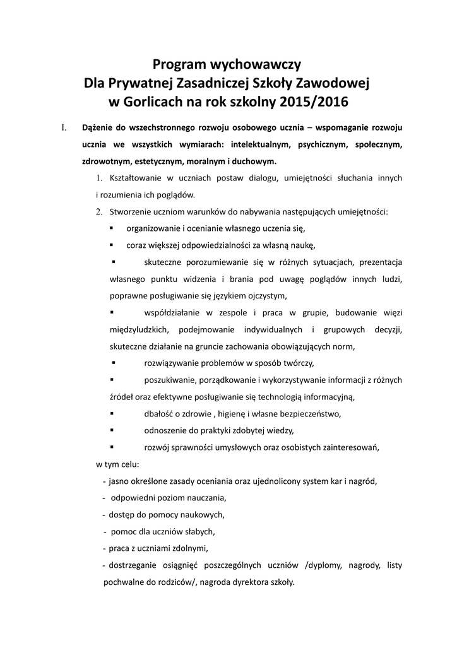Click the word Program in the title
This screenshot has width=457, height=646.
click(183, 64)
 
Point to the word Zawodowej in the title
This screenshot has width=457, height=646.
click(333, 83)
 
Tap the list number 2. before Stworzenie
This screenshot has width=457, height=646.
click(99, 211)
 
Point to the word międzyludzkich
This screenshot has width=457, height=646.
click(138, 329)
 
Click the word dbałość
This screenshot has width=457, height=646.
click(158, 414)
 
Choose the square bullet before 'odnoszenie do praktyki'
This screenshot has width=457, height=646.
click(112, 430)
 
